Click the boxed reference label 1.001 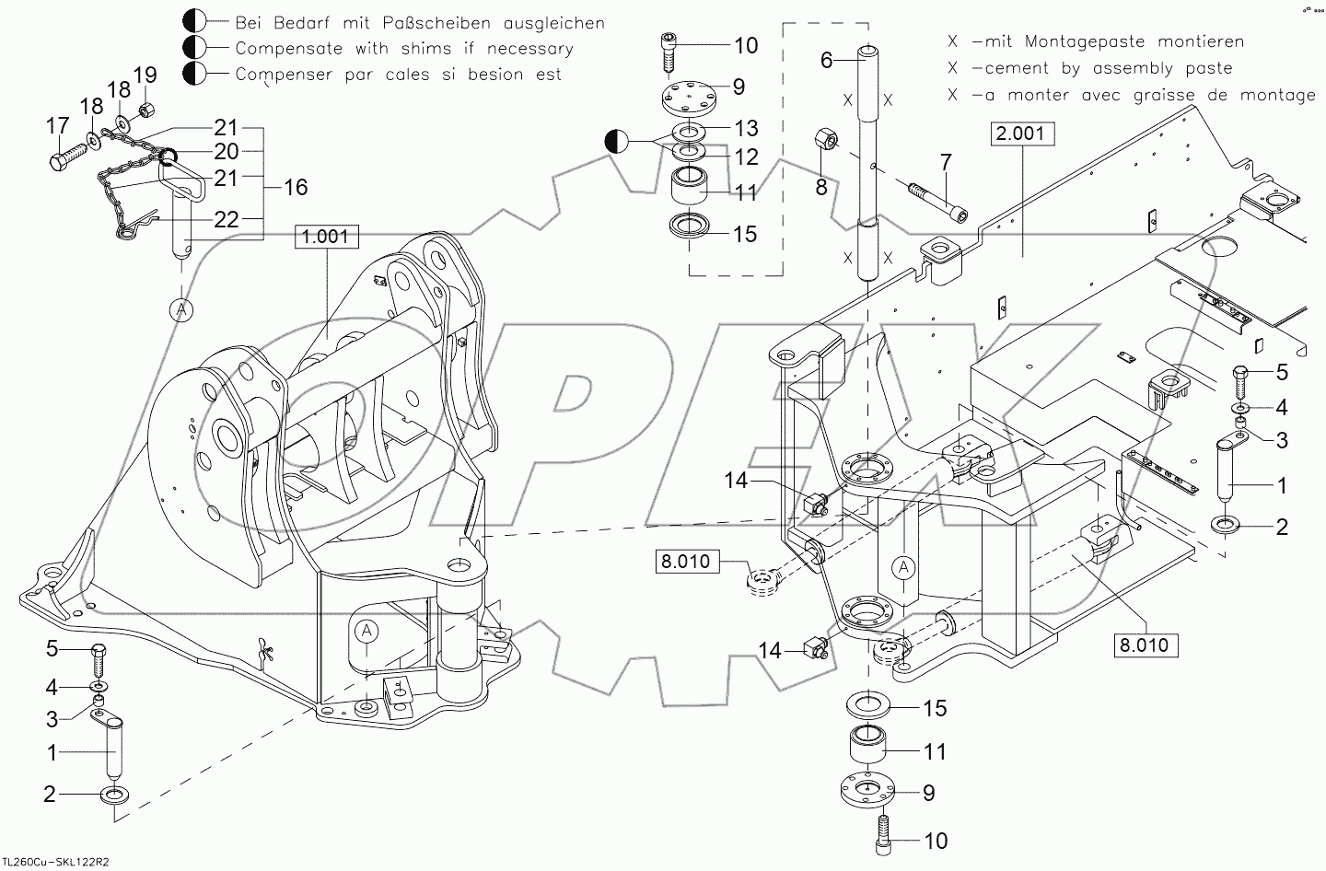325,237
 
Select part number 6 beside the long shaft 826,60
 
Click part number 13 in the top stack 746,127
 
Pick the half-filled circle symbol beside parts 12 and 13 616,142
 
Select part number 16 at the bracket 296,188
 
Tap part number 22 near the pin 227,220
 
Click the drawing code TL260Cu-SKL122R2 55,863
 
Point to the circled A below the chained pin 181,310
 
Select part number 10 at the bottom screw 935,842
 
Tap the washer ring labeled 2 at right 1227,526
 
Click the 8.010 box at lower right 1146,645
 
